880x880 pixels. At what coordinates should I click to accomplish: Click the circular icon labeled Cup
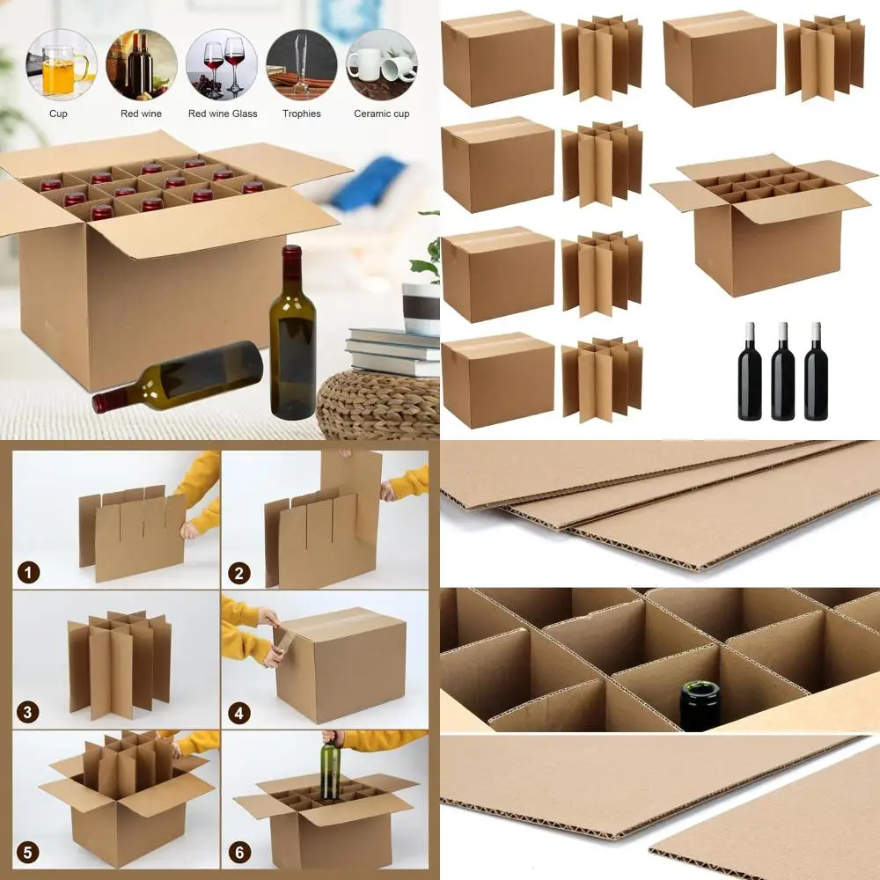pyautogui.click(x=58, y=65)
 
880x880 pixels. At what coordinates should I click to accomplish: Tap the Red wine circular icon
pyautogui.click(x=141, y=65)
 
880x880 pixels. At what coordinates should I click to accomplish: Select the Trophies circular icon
pyautogui.click(x=302, y=65)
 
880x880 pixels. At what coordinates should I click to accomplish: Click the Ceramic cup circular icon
pyautogui.click(x=381, y=65)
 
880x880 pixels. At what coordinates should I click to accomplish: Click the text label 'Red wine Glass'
pyautogui.click(x=223, y=114)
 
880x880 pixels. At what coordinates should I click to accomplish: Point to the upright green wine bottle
pyautogui.click(x=293, y=334)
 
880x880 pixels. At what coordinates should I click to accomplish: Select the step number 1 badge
pyautogui.click(x=29, y=574)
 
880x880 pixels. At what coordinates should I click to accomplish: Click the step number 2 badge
pyautogui.click(x=238, y=574)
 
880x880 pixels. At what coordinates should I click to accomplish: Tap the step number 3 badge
pyautogui.click(x=29, y=712)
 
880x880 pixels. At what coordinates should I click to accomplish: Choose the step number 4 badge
pyautogui.click(x=238, y=712)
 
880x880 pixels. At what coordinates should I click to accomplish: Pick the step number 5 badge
pyautogui.click(x=29, y=851)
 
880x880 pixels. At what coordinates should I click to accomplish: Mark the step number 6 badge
pyautogui.click(x=238, y=851)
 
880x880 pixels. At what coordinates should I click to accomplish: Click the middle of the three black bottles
pyautogui.click(x=782, y=371)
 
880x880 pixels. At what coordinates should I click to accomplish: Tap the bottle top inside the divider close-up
pyautogui.click(x=700, y=704)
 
